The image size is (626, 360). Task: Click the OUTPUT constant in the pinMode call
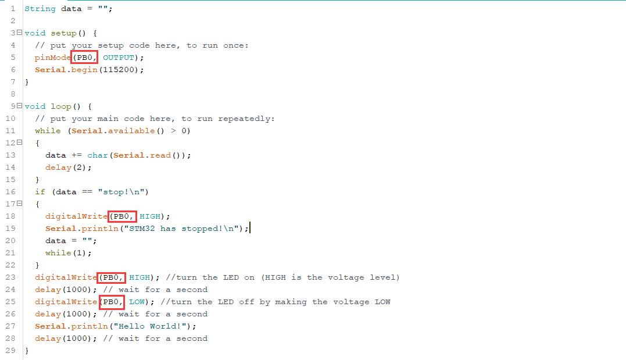tap(119, 58)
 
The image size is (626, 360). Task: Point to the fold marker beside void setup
tap(20, 33)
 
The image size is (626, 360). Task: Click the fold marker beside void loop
tap(20, 106)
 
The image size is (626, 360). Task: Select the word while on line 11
tap(48, 131)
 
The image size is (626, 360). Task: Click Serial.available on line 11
tap(113, 131)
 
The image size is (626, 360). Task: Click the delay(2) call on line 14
tap(69, 167)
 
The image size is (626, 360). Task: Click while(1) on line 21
tap(69, 253)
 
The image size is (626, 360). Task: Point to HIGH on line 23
tap(139, 277)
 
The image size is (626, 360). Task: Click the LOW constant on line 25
tap(137, 302)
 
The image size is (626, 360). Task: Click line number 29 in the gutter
tap(10, 351)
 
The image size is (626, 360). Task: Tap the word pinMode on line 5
tap(53, 58)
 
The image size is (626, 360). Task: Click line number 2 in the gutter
tap(13, 21)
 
